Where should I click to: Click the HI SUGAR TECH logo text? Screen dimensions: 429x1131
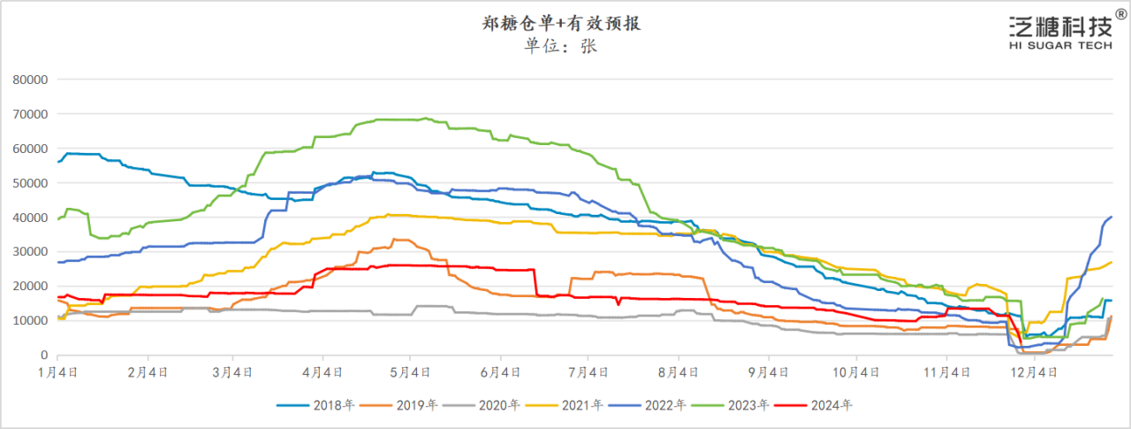[x=1059, y=46]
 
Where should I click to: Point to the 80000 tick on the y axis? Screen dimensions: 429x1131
[x=29, y=80]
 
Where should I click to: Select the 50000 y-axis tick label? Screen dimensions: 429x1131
[x=29, y=183]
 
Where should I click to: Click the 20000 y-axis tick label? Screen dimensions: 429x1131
[x=29, y=287]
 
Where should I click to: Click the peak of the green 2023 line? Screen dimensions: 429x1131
[x=426, y=118]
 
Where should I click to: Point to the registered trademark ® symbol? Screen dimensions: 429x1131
[x=1120, y=15]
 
